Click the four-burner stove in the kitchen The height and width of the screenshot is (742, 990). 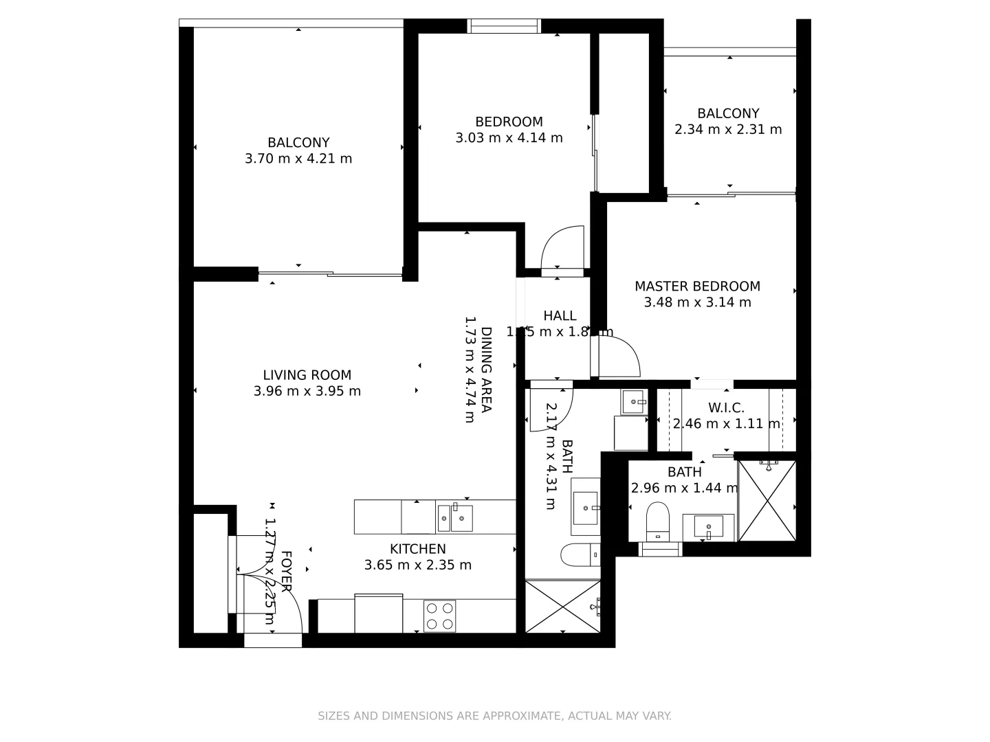click(x=439, y=616)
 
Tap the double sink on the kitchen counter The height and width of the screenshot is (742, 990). click(x=454, y=517)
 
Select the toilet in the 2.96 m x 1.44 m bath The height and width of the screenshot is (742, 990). click(x=658, y=520)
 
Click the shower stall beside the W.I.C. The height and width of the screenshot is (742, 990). click(x=767, y=501)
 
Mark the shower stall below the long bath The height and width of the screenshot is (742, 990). click(x=562, y=607)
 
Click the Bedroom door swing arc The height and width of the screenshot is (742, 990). click(x=566, y=247)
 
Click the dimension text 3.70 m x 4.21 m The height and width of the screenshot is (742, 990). click(x=298, y=159)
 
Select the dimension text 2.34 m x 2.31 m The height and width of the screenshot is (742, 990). click(x=728, y=129)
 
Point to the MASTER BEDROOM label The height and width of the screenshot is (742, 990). click(x=697, y=286)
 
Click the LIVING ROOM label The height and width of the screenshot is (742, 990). click(x=307, y=375)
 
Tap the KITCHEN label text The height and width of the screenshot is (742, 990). click(x=417, y=549)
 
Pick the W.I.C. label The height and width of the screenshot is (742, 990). click(x=726, y=408)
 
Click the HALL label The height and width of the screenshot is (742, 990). click(x=560, y=316)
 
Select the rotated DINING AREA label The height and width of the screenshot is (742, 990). click(x=486, y=370)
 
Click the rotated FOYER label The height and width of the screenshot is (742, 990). click(x=285, y=572)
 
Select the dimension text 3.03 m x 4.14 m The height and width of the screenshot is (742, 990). click(x=509, y=138)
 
